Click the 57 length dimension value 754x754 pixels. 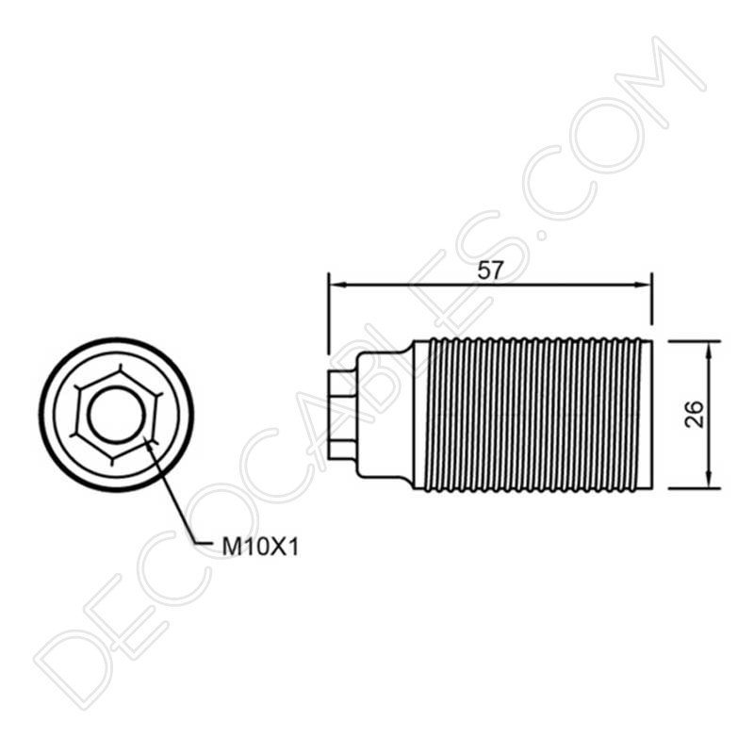(489, 270)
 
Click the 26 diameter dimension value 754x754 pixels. (694, 413)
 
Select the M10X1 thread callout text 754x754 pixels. (260, 548)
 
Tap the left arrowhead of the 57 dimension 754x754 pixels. (339, 286)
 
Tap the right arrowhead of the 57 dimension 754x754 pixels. (642, 285)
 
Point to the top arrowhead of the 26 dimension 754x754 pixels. (709, 350)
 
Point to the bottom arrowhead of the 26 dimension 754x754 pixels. (709, 480)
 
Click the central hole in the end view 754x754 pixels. (116, 415)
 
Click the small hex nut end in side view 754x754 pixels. (342, 415)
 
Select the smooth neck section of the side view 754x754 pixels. (385, 415)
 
